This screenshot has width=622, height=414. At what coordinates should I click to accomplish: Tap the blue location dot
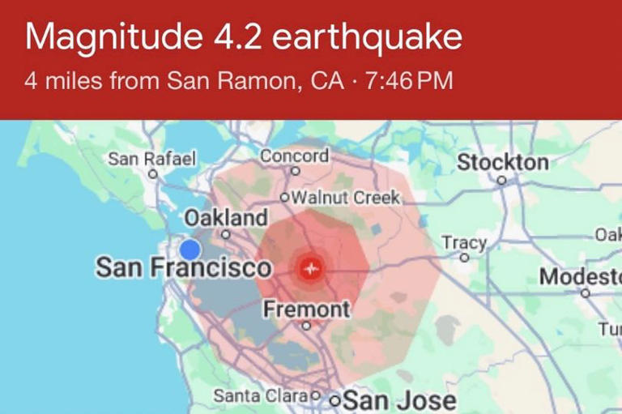[190, 250]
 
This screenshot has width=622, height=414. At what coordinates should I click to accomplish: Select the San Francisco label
[184, 268]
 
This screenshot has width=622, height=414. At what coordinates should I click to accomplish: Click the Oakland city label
[226, 217]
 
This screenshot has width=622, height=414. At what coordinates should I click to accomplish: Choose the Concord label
[294, 156]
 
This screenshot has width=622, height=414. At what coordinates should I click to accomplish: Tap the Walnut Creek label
[345, 197]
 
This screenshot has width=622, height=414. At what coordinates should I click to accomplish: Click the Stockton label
[503, 162]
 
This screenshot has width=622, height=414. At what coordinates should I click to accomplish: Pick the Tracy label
[464, 242]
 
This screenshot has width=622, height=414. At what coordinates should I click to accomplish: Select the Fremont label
[307, 309]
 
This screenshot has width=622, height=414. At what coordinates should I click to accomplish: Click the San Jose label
[399, 400]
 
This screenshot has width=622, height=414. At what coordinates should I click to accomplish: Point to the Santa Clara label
[262, 396]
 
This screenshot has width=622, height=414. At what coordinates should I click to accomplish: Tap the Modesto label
[580, 276]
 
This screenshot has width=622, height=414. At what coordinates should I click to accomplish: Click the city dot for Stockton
[502, 181]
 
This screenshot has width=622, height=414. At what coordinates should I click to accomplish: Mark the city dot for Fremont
[306, 327]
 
